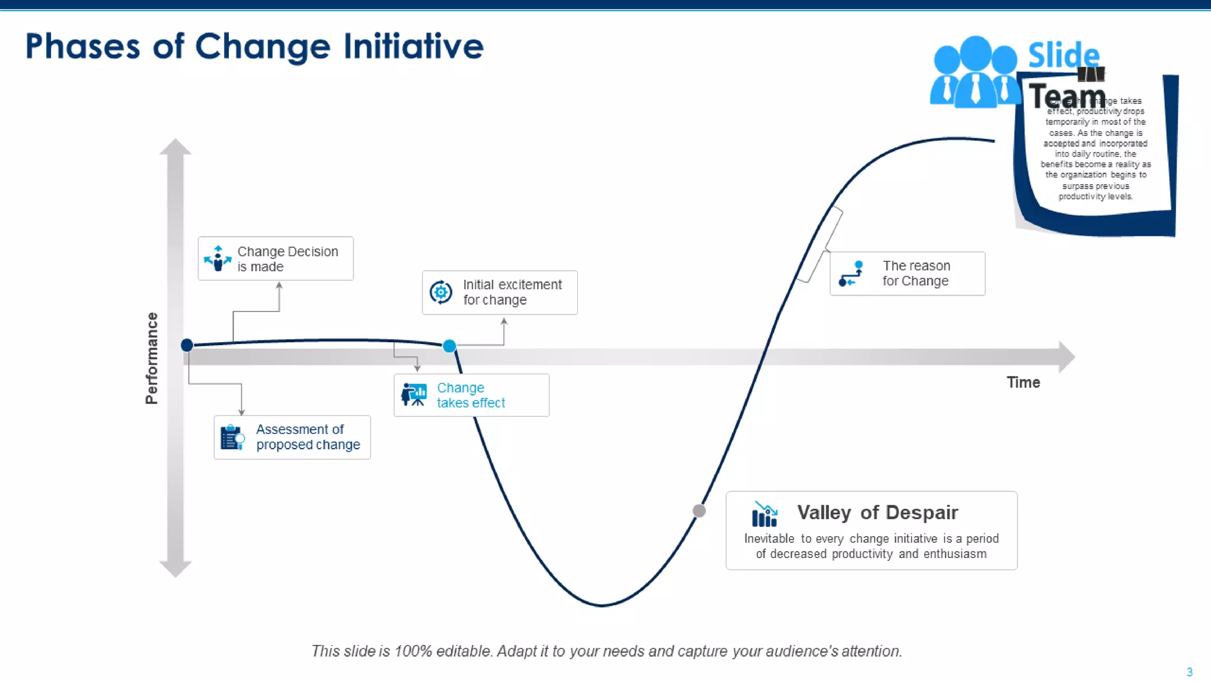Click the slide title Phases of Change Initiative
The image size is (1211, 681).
(x=254, y=47)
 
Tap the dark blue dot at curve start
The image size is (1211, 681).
(x=187, y=345)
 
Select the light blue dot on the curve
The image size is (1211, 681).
(x=449, y=346)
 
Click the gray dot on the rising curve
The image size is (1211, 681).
(x=699, y=511)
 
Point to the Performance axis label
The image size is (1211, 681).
(x=152, y=358)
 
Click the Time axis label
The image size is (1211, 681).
(x=1023, y=382)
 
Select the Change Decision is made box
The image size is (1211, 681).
(x=276, y=259)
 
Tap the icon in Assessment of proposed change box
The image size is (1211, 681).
(x=232, y=438)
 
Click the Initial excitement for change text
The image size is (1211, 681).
(x=512, y=292)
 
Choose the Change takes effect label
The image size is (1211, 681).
(x=471, y=395)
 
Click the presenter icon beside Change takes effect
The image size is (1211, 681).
(x=414, y=394)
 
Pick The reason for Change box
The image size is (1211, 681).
(x=907, y=274)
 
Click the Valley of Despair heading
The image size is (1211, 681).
(x=877, y=513)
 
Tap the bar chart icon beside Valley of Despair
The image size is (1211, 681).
(x=765, y=514)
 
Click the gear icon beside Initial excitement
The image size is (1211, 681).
(x=441, y=292)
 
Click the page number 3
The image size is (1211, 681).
(x=1189, y=672)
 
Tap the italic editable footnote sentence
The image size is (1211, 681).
(x=606, y=651)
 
